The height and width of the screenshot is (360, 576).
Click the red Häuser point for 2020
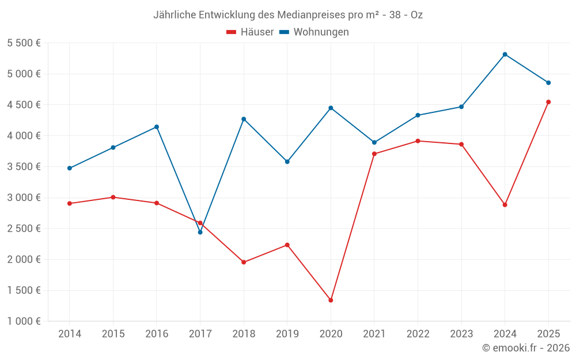click(331, 300)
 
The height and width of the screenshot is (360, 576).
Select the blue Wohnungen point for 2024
click(505, 54)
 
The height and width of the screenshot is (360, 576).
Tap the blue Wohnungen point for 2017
click(200, 232)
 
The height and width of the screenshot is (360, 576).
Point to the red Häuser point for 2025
click(548, 102)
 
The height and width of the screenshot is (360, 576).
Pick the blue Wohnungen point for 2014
click(70, 168)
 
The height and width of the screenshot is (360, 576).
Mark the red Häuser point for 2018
click(244, 262)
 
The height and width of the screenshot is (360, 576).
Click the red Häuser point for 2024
click(505, 204)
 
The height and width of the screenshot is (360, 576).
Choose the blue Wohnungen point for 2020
click(331, 108)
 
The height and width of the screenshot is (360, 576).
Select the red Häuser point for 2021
click(374, 154)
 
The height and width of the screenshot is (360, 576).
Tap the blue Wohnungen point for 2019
click(287, 161)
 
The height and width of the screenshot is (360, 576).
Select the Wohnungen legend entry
click(314, 32)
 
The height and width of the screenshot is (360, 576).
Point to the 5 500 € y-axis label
click(24, 43)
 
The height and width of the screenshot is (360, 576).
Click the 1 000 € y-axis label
click(24, 321)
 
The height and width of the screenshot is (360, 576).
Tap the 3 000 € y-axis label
click(24, 198)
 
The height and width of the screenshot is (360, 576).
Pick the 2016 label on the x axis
click(157, 334)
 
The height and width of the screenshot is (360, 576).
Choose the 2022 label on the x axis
click(418, 334)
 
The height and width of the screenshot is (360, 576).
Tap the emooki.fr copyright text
click(525, 348)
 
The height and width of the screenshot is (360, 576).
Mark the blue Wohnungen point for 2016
click(157, 127)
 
